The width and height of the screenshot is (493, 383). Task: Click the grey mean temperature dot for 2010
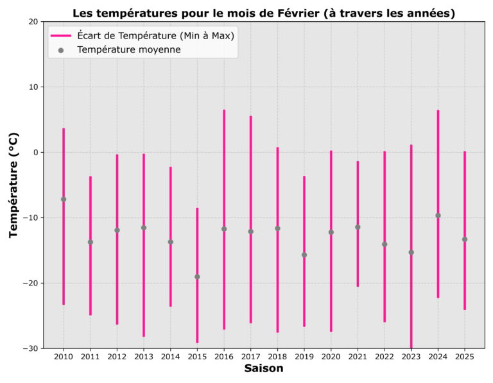(64, 199)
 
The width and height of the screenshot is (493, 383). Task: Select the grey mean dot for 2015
(197, 277)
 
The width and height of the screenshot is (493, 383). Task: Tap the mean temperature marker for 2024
(438, 216)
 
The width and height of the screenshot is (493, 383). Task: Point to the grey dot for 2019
(304, 255)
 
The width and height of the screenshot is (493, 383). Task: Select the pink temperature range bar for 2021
(358, 192)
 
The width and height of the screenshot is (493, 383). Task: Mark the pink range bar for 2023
(411, 192)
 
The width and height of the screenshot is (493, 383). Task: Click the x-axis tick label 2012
(117, 356)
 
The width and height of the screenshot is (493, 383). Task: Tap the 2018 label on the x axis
(277, 356)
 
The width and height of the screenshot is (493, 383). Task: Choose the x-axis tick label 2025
(465, 356)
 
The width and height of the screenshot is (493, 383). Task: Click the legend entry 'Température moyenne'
(128, 49)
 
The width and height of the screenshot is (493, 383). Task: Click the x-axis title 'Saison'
(263, 369)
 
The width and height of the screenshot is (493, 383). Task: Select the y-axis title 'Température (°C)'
(14, 185)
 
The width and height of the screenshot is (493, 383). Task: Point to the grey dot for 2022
(385, 244)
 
